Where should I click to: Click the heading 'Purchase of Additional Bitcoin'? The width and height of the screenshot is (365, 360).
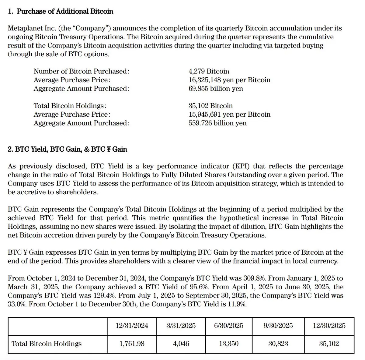pyautogui.click(x=65, y=12)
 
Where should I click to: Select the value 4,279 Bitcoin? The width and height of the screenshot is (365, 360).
pyautogui.click(x=209, y=71)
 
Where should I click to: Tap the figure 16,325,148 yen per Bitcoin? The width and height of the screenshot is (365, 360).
pyautogui.click(x=229, y=80)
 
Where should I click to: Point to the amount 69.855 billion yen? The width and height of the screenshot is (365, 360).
pyautogui.click(x=216, y=89)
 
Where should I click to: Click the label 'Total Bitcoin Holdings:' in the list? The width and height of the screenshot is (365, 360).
pyautogui.click(x=70, y=106)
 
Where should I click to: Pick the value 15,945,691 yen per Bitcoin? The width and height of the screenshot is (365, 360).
pyautogui.click(x=229, y=115)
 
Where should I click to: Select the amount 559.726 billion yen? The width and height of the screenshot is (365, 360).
pyautogui.click(x=217, y=123)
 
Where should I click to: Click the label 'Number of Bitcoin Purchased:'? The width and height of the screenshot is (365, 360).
pyautogui.click(x=82, y=71)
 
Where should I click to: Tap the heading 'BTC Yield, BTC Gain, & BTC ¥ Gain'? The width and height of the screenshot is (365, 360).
pyautogui.click(x=71, y=149)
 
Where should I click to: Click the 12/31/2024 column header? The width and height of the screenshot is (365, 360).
pyautogui.click(x=132, y=326)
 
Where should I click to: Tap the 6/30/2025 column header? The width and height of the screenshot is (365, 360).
pyautogui.click(x=229, y=326)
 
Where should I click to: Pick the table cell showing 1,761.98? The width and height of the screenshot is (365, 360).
pyautogui.click(x=132, y=344)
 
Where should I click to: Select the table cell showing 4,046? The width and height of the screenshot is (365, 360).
pyautogui.click(x=181, y=344)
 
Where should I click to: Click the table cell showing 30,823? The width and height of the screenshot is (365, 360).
pyautogui.click(x=278, y=344)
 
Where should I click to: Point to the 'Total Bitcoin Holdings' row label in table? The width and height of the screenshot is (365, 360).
pyautogui.click(x=47, y=344)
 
